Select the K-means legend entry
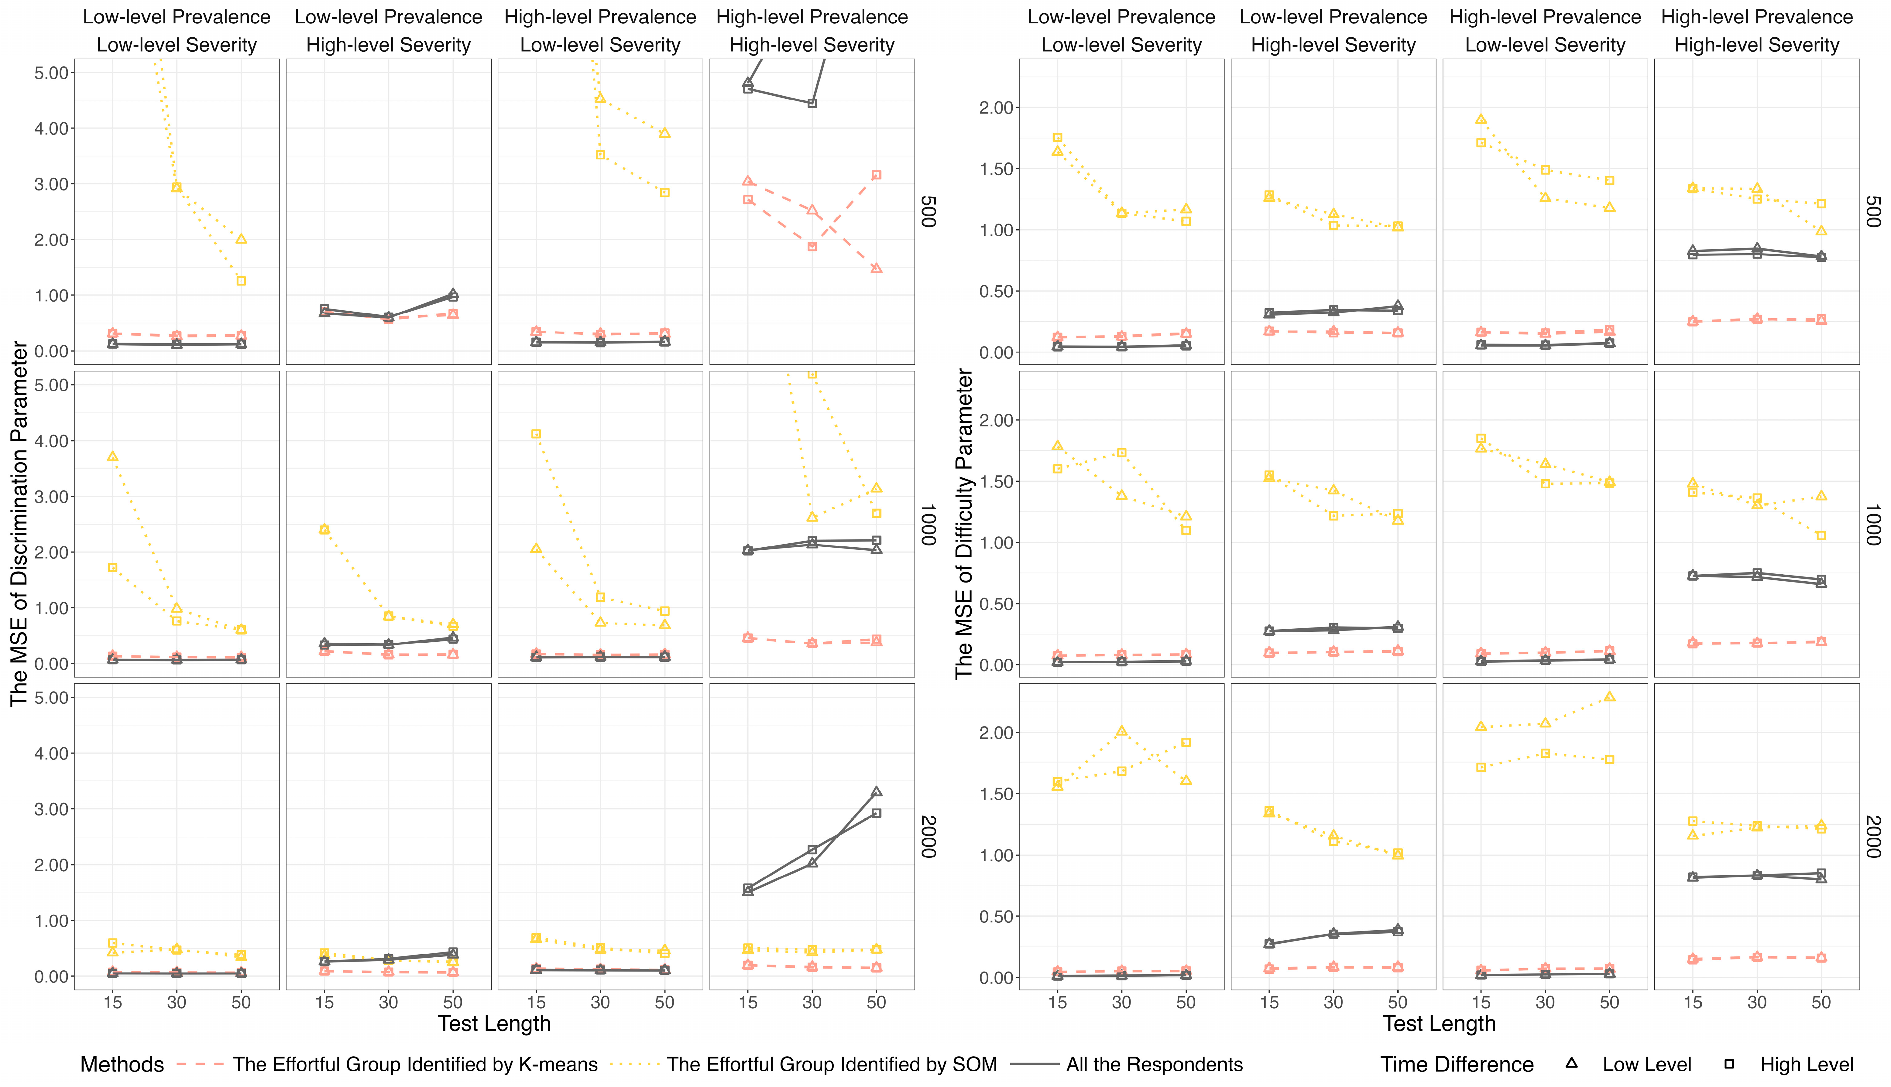click(414, 1065)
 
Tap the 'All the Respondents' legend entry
click(1154, 1065)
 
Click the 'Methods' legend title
click(122, 1065)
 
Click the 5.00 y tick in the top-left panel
click(52, 72)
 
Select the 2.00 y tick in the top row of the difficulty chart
click(996, 108)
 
